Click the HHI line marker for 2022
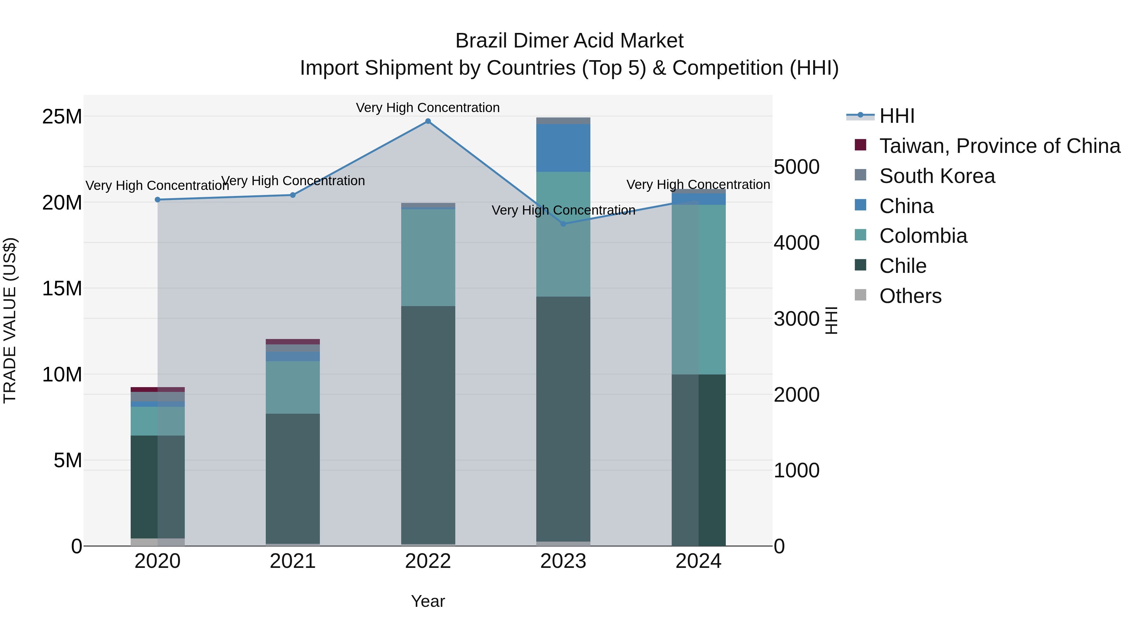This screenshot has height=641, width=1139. tap(427, 121)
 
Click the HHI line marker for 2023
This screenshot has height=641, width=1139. tap(563, 224)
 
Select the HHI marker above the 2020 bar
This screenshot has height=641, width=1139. tap(158, 199)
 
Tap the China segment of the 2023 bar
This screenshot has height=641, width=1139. tap(563, 148)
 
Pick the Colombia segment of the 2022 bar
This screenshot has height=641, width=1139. tap(427, 257)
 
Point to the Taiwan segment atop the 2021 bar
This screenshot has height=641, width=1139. tap(292, 342)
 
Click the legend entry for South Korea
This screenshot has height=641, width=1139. tap(937, 176)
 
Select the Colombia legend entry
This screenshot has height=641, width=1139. tap(923, 236)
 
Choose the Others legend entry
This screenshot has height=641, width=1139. tap(910, 296)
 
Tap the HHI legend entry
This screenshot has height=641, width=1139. tap(896, 116)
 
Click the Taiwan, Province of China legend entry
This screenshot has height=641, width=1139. tap(999, 146)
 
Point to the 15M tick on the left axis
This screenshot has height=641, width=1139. tap(62, 288)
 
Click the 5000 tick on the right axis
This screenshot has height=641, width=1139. tap(796, 167)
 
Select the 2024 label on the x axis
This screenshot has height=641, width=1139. tap(698, 561)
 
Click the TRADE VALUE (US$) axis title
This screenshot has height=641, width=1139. tap(10, 320)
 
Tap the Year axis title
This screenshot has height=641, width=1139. tap(427, 601)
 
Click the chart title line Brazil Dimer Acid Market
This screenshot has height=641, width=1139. tap(569, 41)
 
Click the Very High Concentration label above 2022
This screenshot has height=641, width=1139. tap(427, 108)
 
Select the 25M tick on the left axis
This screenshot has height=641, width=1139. tap(62, 117)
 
